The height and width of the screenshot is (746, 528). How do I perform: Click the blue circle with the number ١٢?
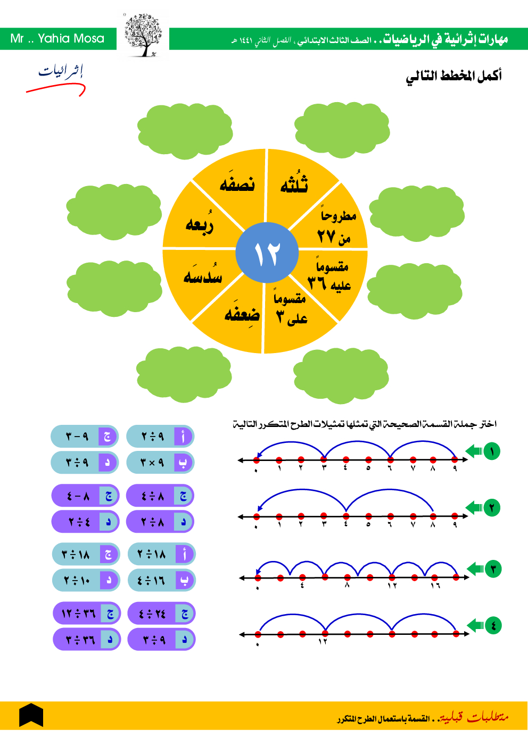tap(267, 253)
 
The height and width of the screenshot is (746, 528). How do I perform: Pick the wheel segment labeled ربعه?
tap(200, 224)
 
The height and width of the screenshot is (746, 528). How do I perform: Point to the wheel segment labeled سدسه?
tap(202, 275)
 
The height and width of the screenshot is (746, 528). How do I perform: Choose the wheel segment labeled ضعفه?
tap(242, 314)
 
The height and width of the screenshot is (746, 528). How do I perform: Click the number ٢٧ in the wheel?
tap(326, 236)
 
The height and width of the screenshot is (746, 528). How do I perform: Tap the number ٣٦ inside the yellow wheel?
tap(317, 283)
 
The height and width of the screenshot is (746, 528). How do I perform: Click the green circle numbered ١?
tap(492, 451)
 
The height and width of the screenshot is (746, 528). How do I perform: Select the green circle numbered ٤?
tap(493, 625)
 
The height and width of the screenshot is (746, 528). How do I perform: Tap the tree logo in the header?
tap(143, 36)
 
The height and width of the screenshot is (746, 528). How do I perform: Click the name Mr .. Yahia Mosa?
tap(57, 38)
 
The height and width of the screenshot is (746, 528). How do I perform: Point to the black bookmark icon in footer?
tap(31, 715)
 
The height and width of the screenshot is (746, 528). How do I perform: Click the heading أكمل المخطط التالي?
tap(453, 76)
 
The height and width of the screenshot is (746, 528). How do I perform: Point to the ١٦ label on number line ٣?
tap(435, 585)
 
